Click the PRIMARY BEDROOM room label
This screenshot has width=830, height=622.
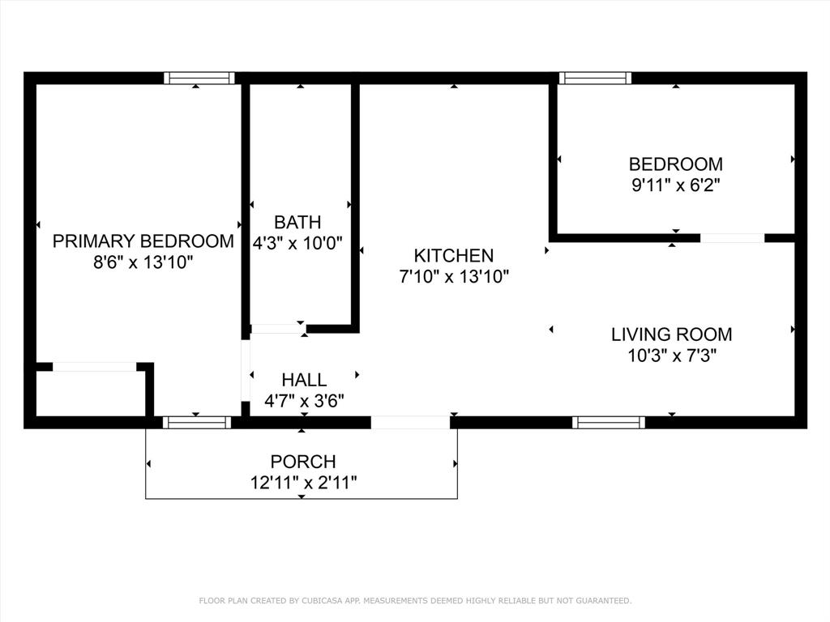click(x=143, y=241)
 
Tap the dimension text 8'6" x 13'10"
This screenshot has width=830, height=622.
click(x=143, y=262)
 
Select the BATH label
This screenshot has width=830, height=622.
click(x=297, y=222)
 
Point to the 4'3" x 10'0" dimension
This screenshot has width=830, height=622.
click(x=297, y=242)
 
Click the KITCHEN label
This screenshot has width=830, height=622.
click(x=453, y=256)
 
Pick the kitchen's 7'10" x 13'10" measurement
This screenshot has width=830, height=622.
click(x=453, y=277)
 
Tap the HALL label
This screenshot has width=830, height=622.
click(x=304, y=380)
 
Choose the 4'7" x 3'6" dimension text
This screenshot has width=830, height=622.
click(x=304, y=400)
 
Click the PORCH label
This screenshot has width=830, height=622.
click(x=303, y=462)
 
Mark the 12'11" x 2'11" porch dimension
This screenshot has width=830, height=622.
click(x=303, y=483)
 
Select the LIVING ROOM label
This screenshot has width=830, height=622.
click(x=671, y=334)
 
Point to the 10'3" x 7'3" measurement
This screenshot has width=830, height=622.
click(x=671, y=355)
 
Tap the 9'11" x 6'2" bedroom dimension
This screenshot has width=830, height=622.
click(x=676, y=185)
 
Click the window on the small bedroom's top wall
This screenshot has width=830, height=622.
click(x=595, y=79)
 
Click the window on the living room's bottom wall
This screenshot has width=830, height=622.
click(x=608, y=422)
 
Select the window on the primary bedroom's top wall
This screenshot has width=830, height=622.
click(x=199, y=79)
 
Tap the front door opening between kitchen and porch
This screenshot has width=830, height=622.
click(x=410, y=422)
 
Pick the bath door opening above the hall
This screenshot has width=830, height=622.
click(x=276, y=329)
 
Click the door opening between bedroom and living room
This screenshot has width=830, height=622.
click(x=732, y=238)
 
